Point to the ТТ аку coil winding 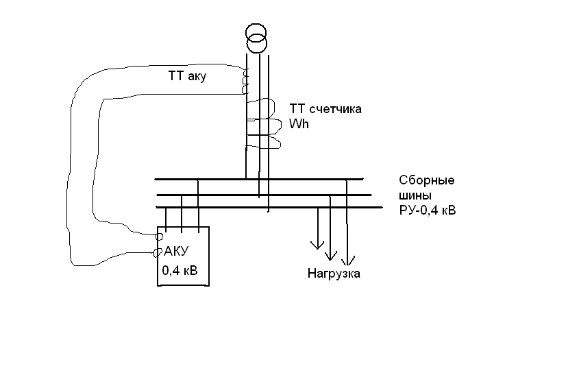click(245, 80)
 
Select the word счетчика click(336, 109)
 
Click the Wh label click(299, 124)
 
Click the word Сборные click(427, 181)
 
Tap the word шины click(415, 195)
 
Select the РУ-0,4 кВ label click(428, 210)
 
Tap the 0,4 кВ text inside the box click(180, 271)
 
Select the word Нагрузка click(334, 274)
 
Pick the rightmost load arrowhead click(348, 261)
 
